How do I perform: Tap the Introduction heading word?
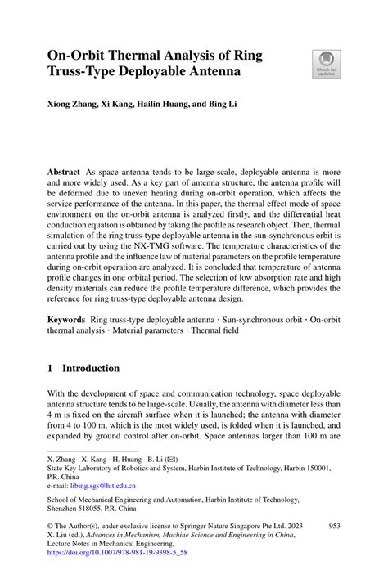tap(92, 369)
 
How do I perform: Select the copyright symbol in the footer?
tap(51, 527)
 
